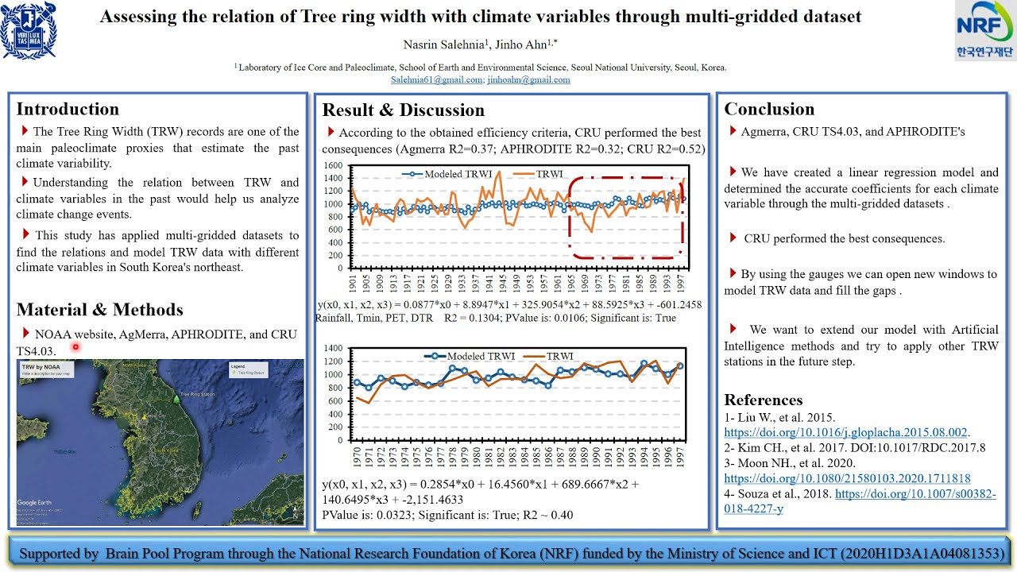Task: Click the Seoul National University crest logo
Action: pyautogui.click(x=29, y=30)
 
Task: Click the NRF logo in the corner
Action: pyautogui.click(x=984, y=31)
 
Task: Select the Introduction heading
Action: pyautogui.click(x=68, y=109)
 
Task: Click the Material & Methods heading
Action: pyautogui.click(x=99, y=309)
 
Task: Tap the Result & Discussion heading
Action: pyautogui.click(x=403, y=110)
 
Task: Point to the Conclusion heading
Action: pyautogui.click(x=768, y=109)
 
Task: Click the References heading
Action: pyautogui.click(x=763, y=400)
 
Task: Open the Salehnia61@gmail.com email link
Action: pyautogui.click(x=436, y=79)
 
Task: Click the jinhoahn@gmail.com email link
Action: pyautogui.click(x=528, y=79)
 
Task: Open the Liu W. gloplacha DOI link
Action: pyautogui.click(x=845, y=432)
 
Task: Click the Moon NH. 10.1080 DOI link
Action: pyautogui.click(x=847, y=478)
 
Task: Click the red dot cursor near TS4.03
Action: pyautogui.click(x=75, y=346)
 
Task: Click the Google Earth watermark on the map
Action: pyautogui.click(x=34, y=502)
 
